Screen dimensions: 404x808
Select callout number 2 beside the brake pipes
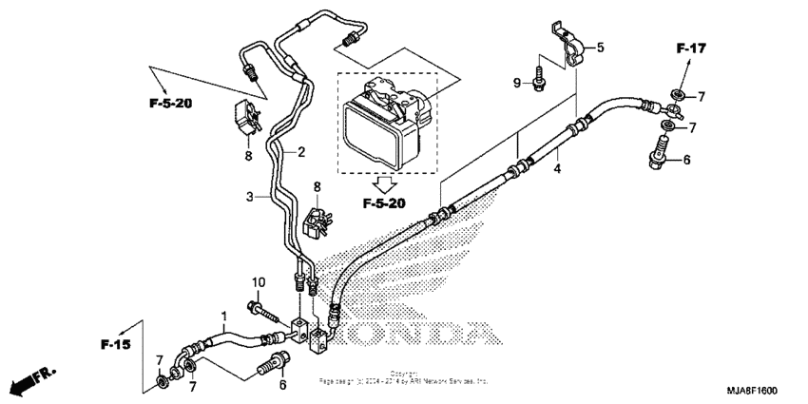pyautogui.click(x=300, y=151)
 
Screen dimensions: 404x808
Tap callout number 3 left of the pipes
pyautogui.click(x=249, y=197)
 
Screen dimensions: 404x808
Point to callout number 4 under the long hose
pyautogui.click(x=558, y=170)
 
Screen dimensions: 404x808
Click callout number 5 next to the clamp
pyautogui.click(x=600, y=46)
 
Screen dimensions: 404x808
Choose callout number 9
pyautogui.click(x=517, y=84)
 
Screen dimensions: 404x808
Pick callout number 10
pyautogui.click(x=257, y=282)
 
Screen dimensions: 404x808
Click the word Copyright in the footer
pyautogui.click(x=403, y=374)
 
